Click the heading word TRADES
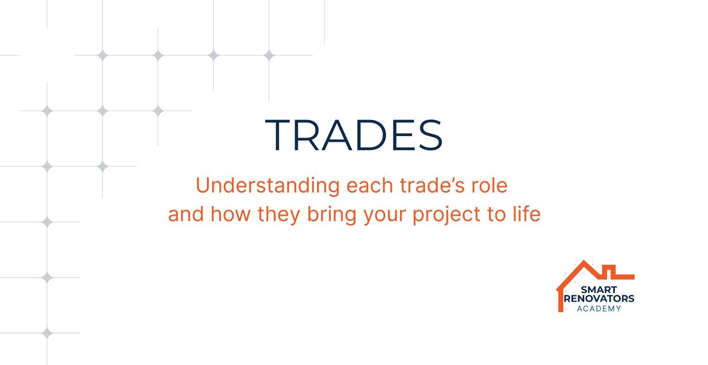(x=354, y=135)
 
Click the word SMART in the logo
(x=599, y=290)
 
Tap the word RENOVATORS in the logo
(x=599, y=298)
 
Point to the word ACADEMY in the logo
(x=599, y=309)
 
